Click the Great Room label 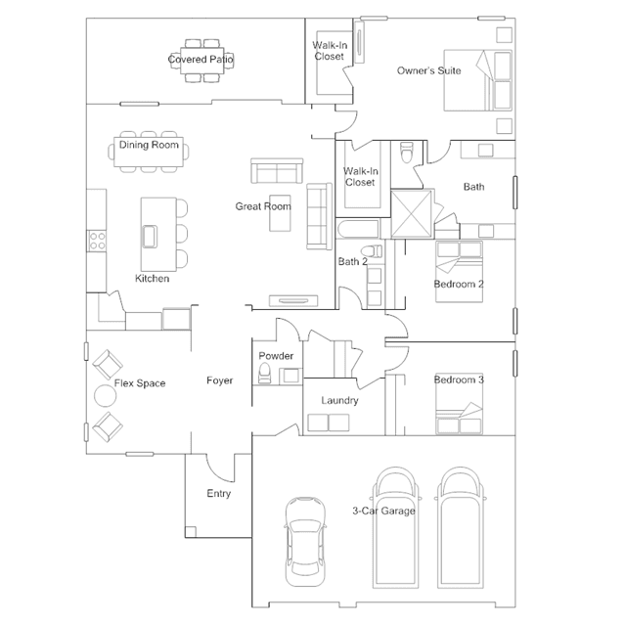[x=263, y=206]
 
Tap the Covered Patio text [x=201, y=60]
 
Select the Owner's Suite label [x=428, y=70]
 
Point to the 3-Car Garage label [x=383, y=511]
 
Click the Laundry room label [x=339, y=400]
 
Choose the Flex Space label [x=140, y=383]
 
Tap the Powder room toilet [x=265, y=373]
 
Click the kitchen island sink [x=150, y=237]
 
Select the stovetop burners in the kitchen [x=97, y=241]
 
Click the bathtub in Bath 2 [x=358, y=229]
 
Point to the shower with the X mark [x=412, y=214]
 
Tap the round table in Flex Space [x=106, y=396]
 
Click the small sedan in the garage [x=305, y=542]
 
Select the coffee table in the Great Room [x=280, y=213]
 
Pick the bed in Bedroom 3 [x=459, y=403]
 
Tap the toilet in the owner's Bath [x=407, y=153]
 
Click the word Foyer [x=220, y=380]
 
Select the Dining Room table [x=149, y=152]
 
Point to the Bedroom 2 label [x=459, y=285]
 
